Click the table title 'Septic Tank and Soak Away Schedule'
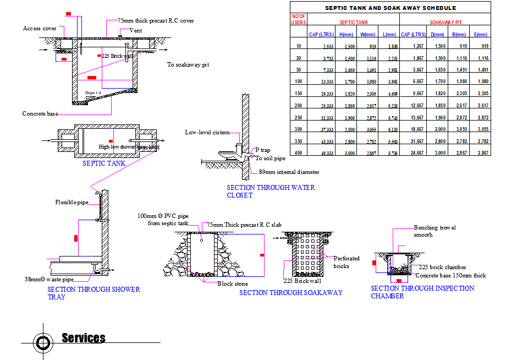pos(390,8)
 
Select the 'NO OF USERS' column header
pos(298,19)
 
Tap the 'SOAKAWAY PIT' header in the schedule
pos(445,23)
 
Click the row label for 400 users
pos(299,152)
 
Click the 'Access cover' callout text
pos(40,29)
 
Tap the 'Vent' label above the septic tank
pos(135,30)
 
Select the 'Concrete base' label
pos(40,114)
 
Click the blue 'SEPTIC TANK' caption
pos(104,163)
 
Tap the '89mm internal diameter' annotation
pos(289,172)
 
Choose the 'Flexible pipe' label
pos(71,203)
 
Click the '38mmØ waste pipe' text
pos(48,279)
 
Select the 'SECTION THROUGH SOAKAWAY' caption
pos(290,293)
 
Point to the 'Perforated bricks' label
pos(346,261)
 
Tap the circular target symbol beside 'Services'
pos(42,342)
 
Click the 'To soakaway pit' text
pos(188,65)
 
